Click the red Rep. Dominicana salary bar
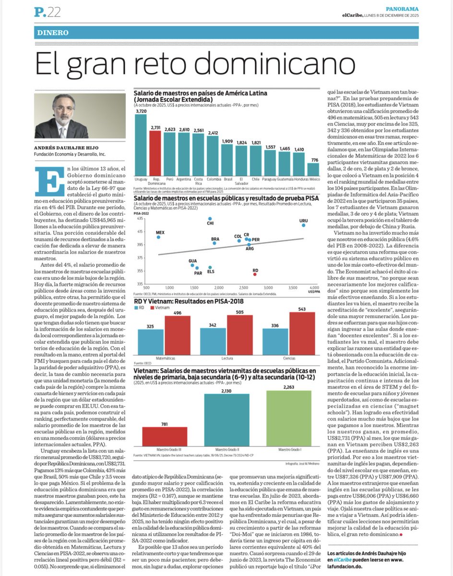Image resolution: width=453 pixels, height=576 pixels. (x=155, y=154)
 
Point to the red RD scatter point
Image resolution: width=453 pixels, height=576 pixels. (x=255, y=275)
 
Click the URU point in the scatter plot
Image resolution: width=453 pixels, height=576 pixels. (x=303, y=225)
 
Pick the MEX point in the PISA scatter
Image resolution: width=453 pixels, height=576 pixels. (x=158, y=237)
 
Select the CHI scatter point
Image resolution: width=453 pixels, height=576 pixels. (x=210, y=218)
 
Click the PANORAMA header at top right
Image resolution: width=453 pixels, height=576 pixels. (x=402, y=9)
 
